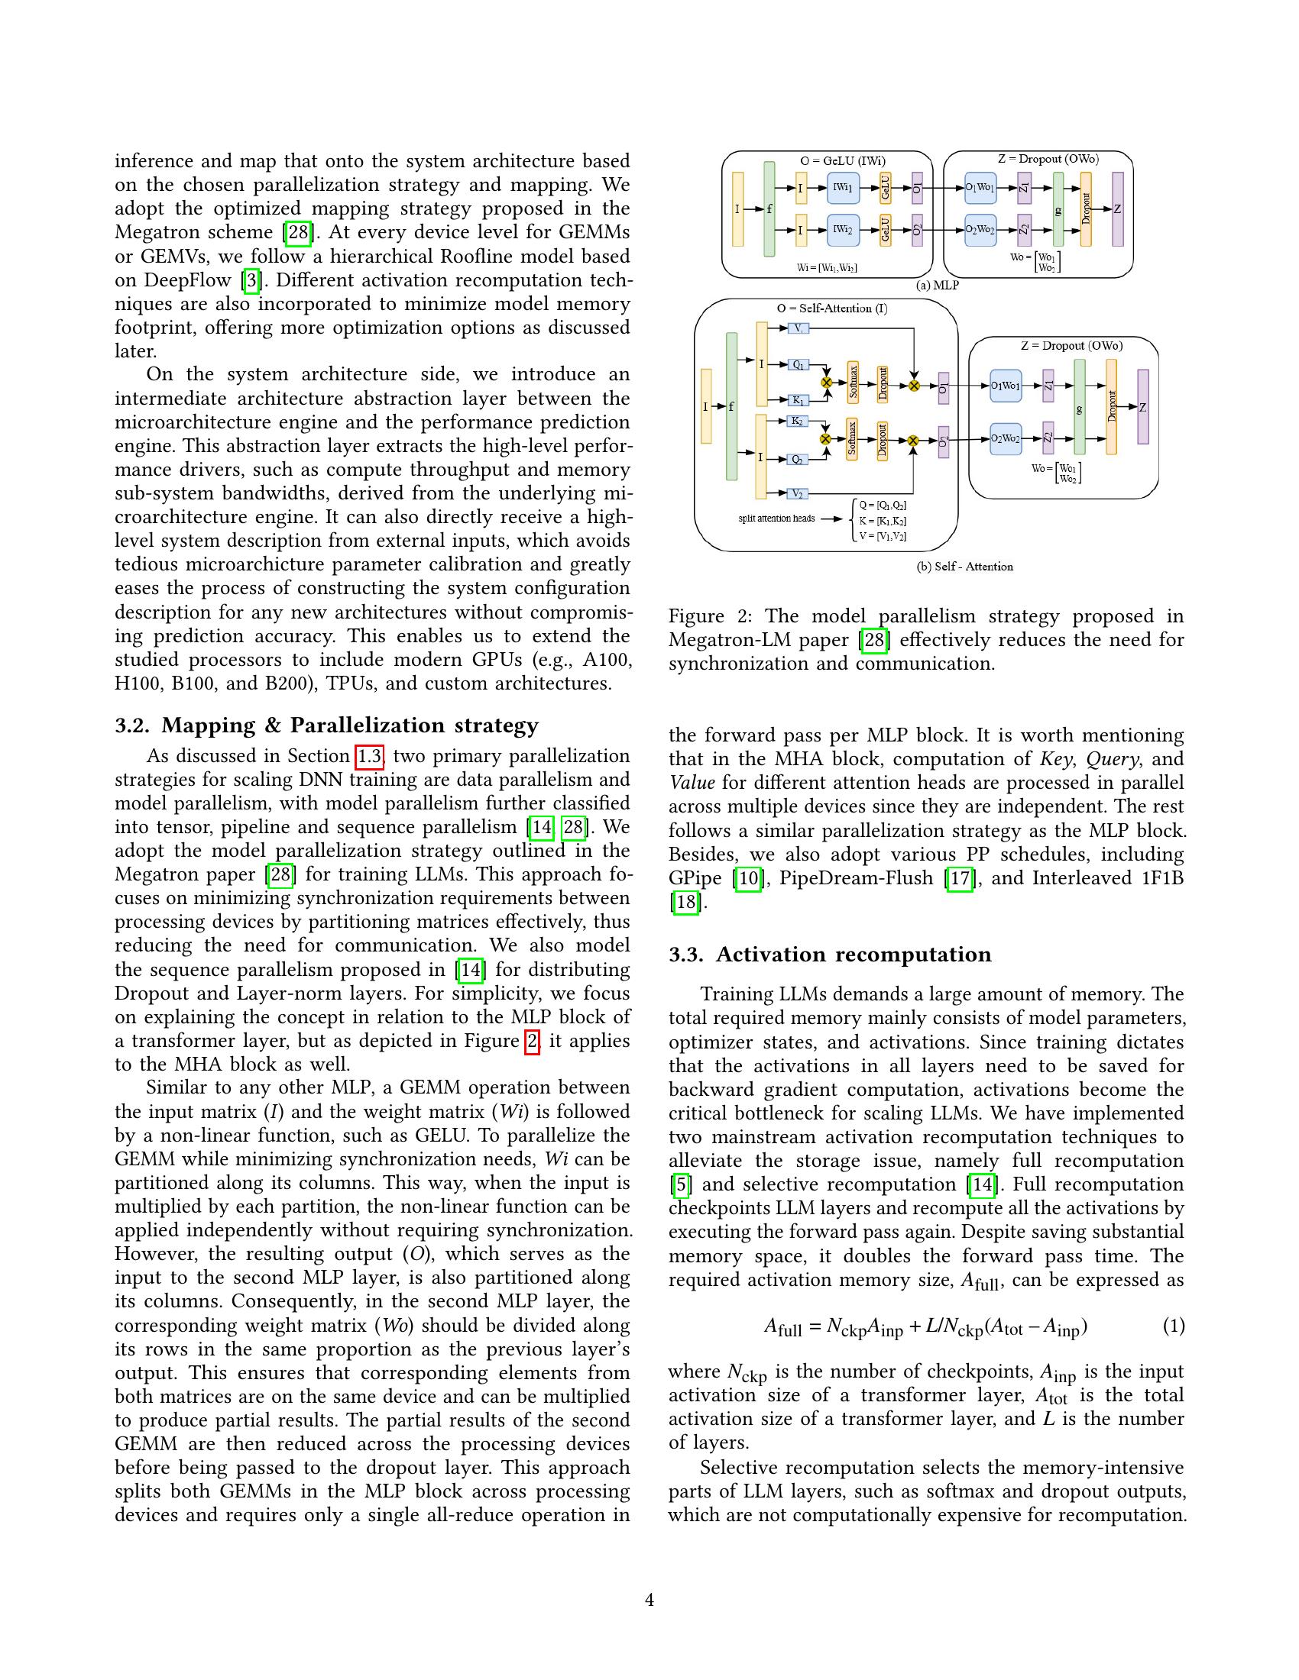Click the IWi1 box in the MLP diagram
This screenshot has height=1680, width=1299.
pyautogui.click(x=843, y=188)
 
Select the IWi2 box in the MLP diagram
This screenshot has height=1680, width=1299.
pyautogui.click(x=843, y=229)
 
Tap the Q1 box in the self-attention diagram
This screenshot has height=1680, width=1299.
pyautogui.click(x=798, y=364)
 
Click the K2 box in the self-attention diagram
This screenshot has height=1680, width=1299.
pyautogui.click(x=797, y=421)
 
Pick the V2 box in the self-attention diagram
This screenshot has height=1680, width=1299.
pyautogui.click(x=798, y=493)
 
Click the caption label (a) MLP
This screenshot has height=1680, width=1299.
pyautogui.click(x=937, y=286)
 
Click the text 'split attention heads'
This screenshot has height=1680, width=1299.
pyautogui.click(x=776, y=519)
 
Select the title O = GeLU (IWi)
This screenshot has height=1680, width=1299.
pyautogui.click(x=843, y=162)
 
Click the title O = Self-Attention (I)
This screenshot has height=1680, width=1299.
pyautogui.click(x=831, y=309)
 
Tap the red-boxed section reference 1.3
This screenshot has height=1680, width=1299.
pyautogui.click(x=369, y=756)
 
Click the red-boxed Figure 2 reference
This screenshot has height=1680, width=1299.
pyautogui.click(x=531, y=1042)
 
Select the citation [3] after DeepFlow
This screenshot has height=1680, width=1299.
pyautogui.click(x=251, y=281)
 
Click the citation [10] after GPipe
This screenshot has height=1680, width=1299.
pyautogui.click(x=747, y=878)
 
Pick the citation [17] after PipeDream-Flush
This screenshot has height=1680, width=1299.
pyautogui.click(x=960, y=878)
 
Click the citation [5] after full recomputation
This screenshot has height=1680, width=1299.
pyautogui.click(x=680, y=1184)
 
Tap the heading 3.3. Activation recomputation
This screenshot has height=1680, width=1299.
pyautogui.click(x=830, y=955)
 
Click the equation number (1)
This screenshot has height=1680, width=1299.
pyautogui.click(x=1173, y=1326)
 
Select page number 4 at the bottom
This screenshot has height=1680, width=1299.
pyautogui.click(x=649, y=1601)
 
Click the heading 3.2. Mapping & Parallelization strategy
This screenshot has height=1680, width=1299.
pyautogui.click(x=326, y=725)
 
